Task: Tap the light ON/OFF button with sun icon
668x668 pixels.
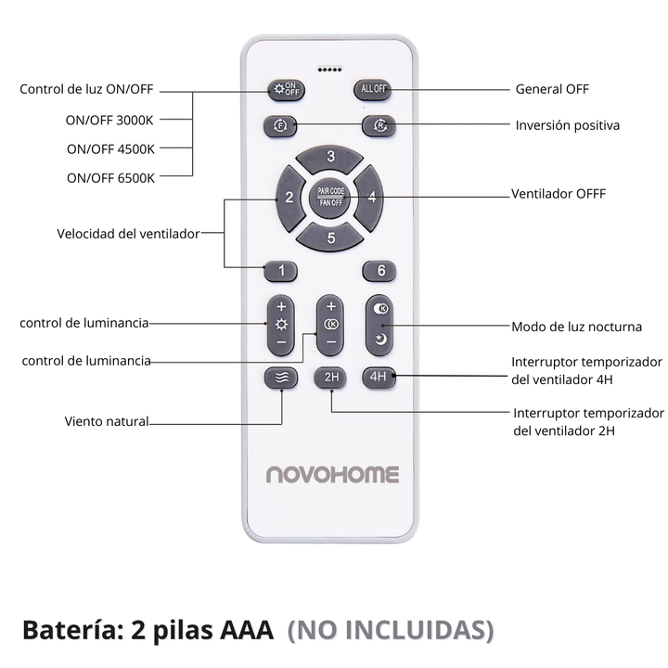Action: [x=285, y=90]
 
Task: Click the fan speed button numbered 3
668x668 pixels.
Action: [x=330, y=157]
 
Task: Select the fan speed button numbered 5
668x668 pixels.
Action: [x=330, y=238]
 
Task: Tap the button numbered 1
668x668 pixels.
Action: [x=281, y=272]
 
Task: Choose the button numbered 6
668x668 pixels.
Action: [x=379, y=271]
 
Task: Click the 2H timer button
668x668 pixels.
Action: [x=330, y=377]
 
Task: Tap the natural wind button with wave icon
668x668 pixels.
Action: [x=281, y=378]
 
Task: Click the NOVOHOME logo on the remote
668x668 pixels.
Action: [x=332, y=475]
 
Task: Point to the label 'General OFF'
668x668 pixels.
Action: [x=552, y=90]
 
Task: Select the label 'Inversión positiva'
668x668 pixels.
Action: [x=568, y=124]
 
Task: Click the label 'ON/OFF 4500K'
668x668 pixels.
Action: [x=110, y=148]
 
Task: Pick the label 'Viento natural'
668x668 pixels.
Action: [x=107, y=421]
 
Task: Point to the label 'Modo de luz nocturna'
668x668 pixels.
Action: [x=577, y=327]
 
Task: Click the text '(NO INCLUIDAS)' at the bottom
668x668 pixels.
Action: [x=391, y=630]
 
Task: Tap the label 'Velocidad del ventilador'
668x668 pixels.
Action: [x=128, y=234]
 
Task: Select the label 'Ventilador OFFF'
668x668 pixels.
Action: [x=559, y=195]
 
